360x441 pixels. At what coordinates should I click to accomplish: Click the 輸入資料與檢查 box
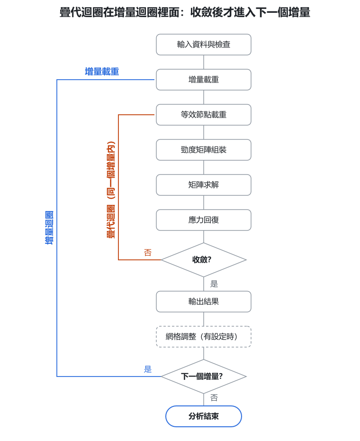[x=204, y=45]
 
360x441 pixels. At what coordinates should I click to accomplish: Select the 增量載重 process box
[x=204, y=80]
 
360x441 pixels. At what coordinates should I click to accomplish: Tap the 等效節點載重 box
[x=204, y=115]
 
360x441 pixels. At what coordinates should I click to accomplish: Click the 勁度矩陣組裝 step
[x=204, y=150]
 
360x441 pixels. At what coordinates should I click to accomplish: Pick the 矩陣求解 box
[x=204, y=185]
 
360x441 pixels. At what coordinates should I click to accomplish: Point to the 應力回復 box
[x=204, y=220]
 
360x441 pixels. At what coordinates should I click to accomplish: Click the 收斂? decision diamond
[x=204, y=260]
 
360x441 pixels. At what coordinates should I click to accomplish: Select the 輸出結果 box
[x=204, y=302]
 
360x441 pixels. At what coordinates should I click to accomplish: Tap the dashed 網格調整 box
[x=204, y=337]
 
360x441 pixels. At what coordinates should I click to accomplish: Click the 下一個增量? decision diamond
[x=204, y=377]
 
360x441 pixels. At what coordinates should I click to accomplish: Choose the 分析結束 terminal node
[x=204, y=416]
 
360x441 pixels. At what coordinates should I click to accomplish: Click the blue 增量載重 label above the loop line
[x=102, y=72]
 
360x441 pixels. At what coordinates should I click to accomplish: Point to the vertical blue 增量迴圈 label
[x=49, y=228]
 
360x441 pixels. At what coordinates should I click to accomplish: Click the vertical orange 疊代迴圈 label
[x=111, y=190]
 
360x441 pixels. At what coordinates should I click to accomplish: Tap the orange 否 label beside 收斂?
[x=148, y=253]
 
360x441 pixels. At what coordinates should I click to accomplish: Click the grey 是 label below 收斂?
[x=214, y=284]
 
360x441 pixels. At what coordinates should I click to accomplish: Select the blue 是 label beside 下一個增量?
[x=148, y=369]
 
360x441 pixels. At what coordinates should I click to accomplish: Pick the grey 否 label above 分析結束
[x=214, y=398]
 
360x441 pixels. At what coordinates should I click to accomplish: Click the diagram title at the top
[x=185, y=13]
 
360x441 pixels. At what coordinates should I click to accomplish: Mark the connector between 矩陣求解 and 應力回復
[x=204, y=202]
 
